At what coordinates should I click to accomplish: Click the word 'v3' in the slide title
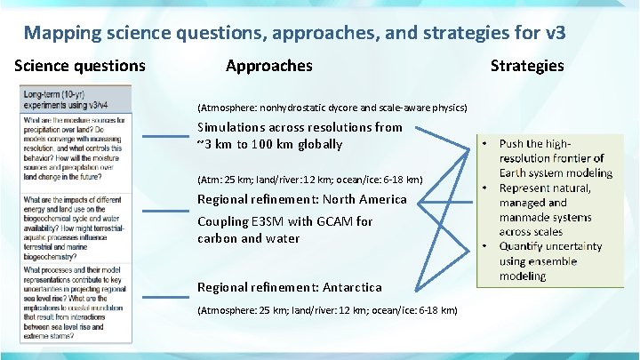click(x=554, y=34)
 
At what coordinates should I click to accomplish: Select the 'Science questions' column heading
click(x=80, y=66)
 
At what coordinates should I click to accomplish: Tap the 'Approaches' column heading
click(x=268, y=66)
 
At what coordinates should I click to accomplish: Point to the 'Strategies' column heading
click(x=527, y=66)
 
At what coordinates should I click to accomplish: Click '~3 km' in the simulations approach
click(x=212, y=144)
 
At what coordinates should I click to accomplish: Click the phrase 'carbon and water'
click(x=249, y=238)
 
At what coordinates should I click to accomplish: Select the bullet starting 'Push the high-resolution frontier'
click(x=551, y=158)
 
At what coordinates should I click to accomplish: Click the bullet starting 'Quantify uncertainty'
click(x=551, y=261)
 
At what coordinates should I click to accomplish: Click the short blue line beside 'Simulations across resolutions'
click(x=165, y=136)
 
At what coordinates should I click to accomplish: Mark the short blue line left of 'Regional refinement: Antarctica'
click(x=165, y=287)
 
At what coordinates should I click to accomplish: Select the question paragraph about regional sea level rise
click(x=76, y=302)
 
